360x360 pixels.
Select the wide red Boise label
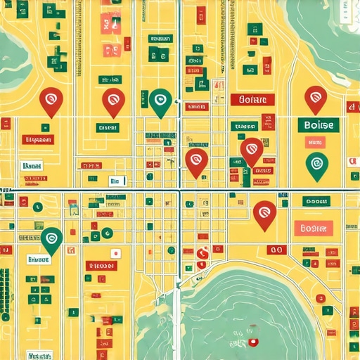[251, 100]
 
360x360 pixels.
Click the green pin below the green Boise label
[317, 165]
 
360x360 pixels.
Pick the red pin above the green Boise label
[315, 99]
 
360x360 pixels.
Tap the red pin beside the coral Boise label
[264, 212]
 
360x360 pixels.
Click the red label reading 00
[276, 250]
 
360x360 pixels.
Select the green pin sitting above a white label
[51, 240]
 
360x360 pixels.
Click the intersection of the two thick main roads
[179, 190]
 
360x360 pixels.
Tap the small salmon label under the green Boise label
[312, 143]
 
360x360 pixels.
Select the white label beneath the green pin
[41, 259]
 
